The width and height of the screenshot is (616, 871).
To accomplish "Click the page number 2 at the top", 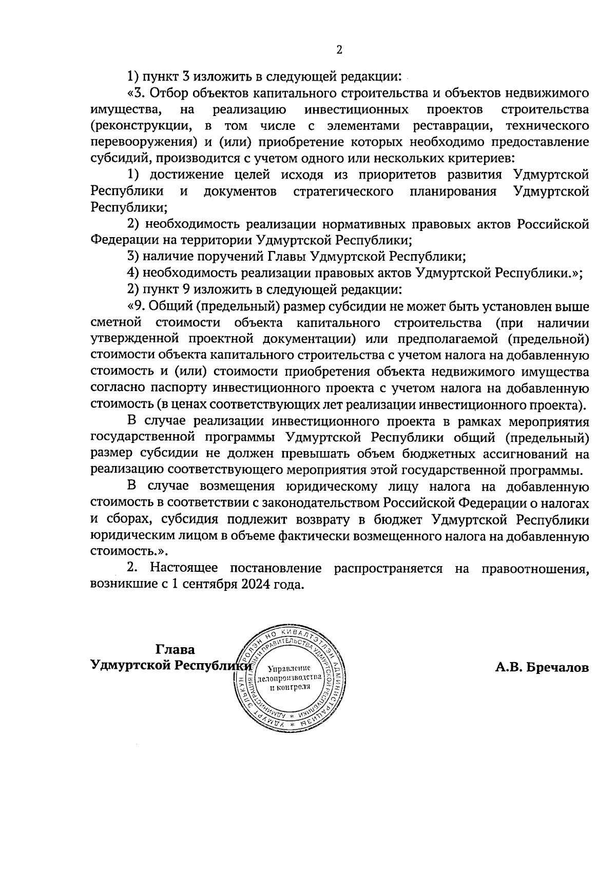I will click(x=339, y=50).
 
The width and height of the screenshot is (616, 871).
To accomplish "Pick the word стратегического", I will click(x=343, y=191).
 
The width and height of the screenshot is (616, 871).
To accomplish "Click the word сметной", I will click(x=115, y=323).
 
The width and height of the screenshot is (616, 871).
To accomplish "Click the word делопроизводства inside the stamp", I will click(x=291, y=678).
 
